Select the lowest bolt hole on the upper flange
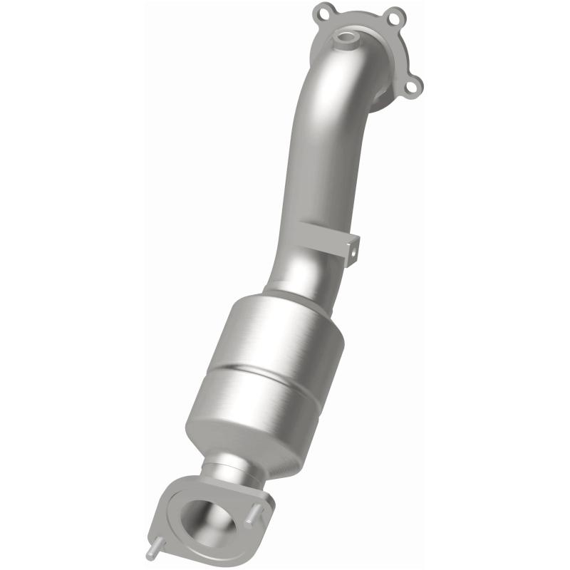[x=412, y=86]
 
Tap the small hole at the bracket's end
[x=352, y=249]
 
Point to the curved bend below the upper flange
[x=335, y=85]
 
